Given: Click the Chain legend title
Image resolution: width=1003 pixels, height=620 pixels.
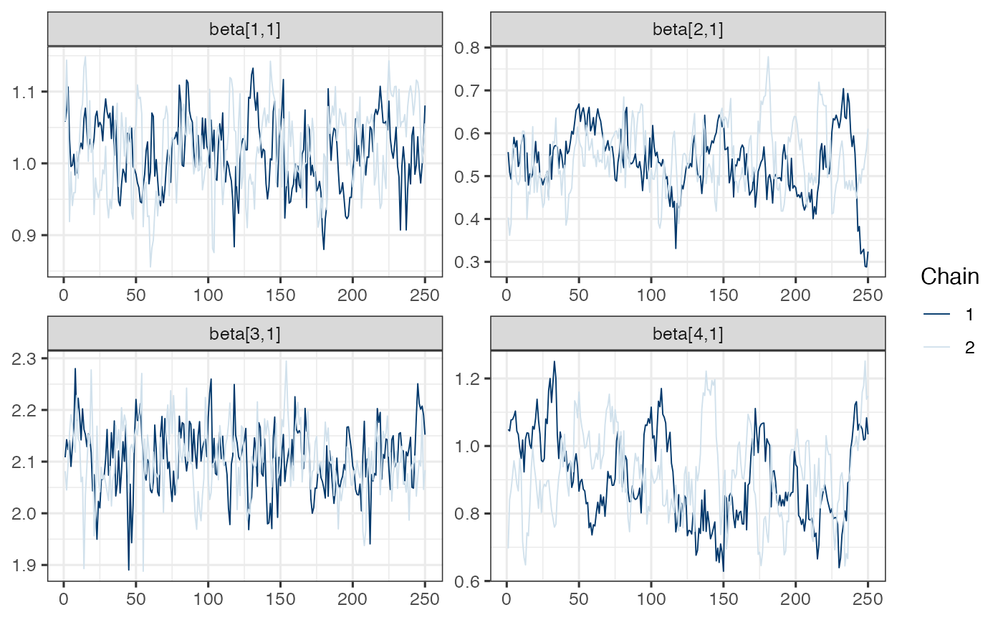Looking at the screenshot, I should [950, 276].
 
